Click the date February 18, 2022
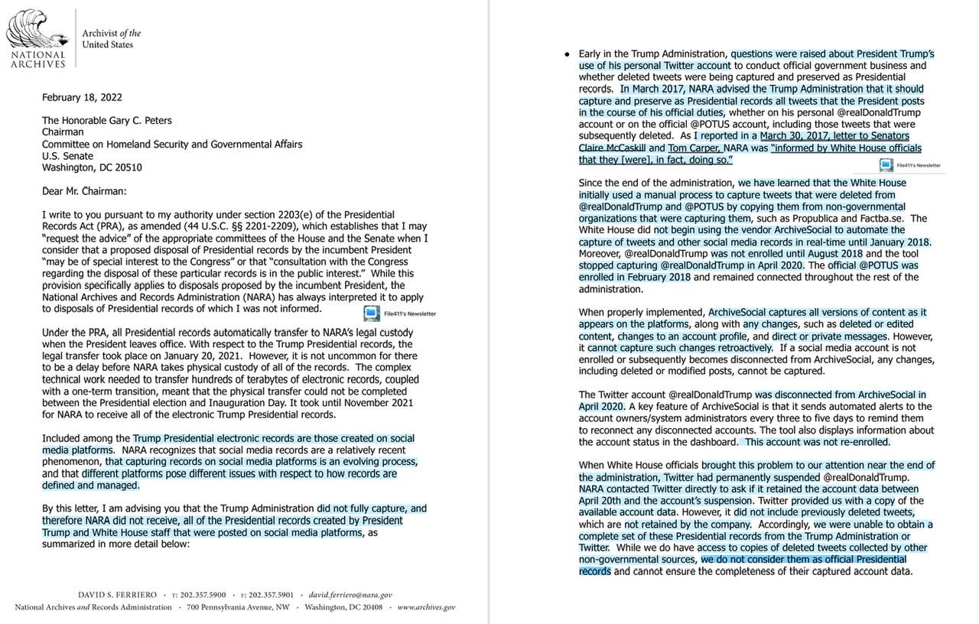[x=82, y=98]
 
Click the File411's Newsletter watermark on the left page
[x=399, y=313]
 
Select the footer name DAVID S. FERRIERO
[x=117, y=594]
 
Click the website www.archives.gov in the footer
[x=426, y=607]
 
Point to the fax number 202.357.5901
[x=271, y=594]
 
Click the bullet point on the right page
[x=567, y=55]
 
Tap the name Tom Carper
[x=694, y=148]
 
